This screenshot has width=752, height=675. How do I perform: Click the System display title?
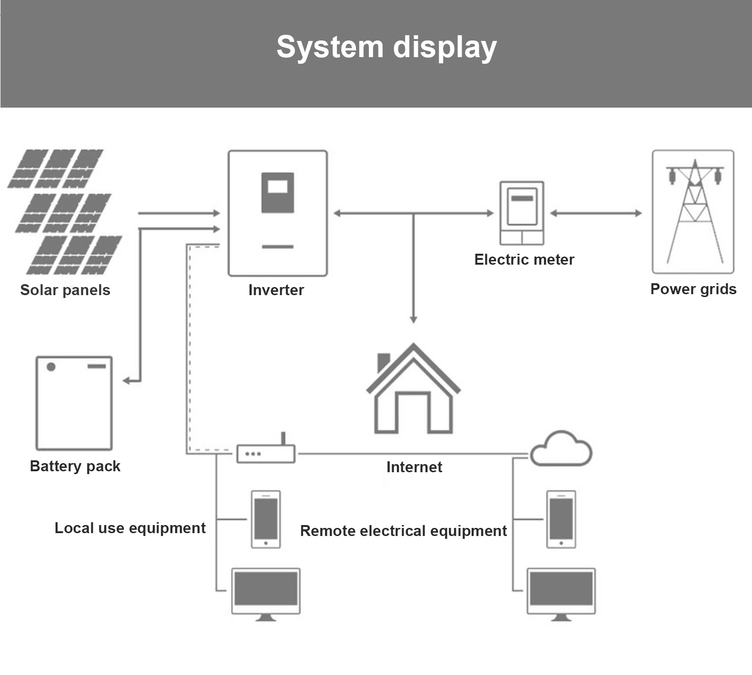386,47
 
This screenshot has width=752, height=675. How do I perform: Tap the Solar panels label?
65,290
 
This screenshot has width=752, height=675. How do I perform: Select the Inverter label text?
276,290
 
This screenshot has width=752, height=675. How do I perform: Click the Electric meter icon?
522,213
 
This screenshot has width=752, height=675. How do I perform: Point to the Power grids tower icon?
693,212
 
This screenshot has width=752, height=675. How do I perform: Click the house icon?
413,389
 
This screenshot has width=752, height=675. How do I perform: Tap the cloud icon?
561,448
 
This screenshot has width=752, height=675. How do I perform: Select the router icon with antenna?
266,453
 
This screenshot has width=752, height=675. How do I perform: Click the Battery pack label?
75,466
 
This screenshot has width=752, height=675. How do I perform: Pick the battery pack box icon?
74,403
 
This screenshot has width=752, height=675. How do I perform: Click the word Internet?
414,467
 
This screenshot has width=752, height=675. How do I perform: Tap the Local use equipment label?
130,528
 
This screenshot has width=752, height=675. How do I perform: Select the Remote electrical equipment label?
403,531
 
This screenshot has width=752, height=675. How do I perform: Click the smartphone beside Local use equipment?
266,519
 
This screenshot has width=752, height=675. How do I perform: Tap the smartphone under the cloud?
561,519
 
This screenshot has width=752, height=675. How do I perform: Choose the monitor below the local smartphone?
266,593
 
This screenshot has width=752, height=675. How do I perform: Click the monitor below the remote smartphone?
561,593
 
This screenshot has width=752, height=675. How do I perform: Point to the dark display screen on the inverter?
277,192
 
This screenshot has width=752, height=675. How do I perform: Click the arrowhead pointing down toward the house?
413,319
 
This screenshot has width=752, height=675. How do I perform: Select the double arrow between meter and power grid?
596,213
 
